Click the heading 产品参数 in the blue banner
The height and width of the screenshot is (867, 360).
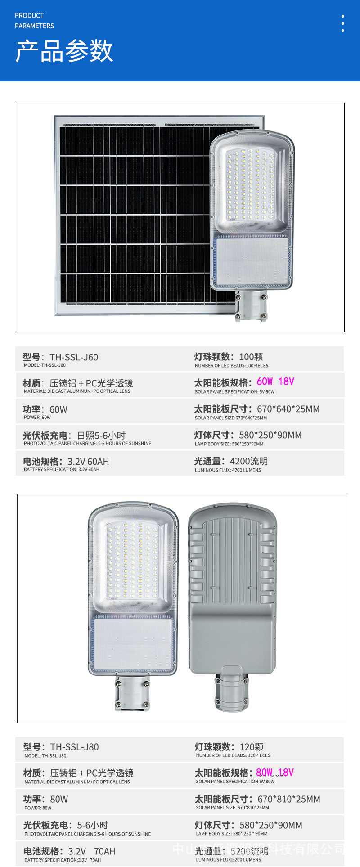[64, 50]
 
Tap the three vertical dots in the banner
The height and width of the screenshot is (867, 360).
[343, 23]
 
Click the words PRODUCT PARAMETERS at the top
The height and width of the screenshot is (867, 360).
[34, 21]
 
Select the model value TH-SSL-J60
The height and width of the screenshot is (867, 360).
[74, 357]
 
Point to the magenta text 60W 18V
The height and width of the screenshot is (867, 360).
[275, 382]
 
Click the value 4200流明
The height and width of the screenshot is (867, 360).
[248, 461]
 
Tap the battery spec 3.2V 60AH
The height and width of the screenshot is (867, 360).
[88, 462]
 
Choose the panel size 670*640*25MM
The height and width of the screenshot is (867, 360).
[288, 409]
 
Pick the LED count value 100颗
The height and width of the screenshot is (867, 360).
[251, 357]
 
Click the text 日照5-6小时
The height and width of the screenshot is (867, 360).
[101, 436]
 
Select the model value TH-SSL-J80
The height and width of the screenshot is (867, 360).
[74, 747]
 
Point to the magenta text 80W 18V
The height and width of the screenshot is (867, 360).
[274, 773]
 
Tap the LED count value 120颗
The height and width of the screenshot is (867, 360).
[252, 747]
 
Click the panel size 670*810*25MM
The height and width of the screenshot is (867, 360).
[288, 799]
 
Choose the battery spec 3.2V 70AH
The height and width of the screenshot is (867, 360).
[92, 851]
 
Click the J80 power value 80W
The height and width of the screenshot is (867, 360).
[59, 799]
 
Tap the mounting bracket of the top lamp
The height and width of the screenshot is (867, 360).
[251, 305]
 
